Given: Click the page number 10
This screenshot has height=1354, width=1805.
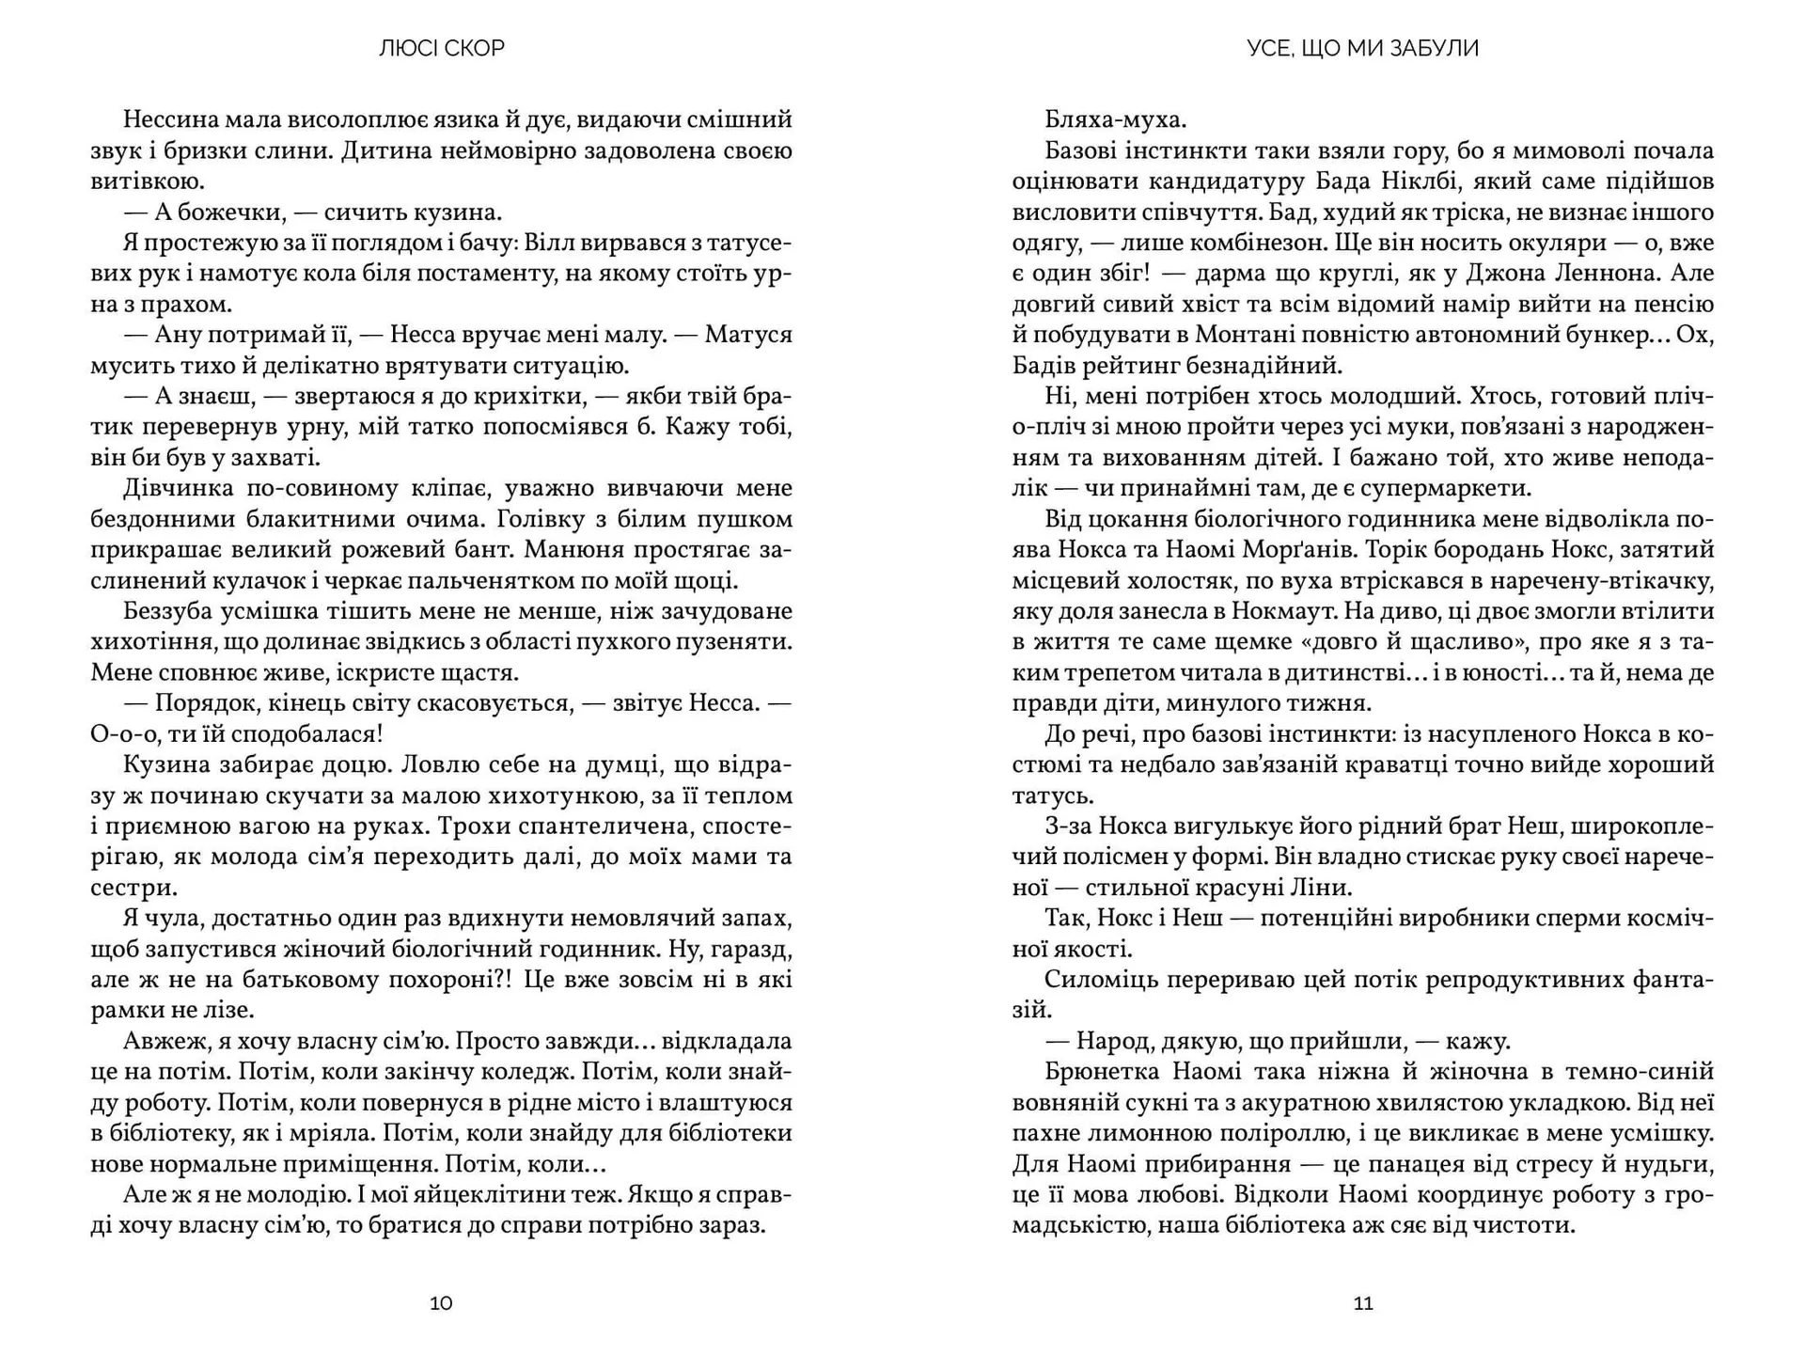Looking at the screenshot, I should [441, 1303].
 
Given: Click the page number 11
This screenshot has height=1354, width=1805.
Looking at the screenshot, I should [1363, 1303].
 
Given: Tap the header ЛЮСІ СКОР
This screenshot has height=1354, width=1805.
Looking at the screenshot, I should [442, 48].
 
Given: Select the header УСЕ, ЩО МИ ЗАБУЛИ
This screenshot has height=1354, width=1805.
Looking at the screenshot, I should [1362, 48].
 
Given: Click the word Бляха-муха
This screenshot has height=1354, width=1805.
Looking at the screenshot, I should [1115, 119].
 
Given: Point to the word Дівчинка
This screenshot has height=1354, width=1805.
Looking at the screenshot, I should [176, 489].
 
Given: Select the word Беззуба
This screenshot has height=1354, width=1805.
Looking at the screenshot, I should [167, 611].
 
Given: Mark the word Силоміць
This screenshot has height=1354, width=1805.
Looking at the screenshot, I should [1099, 980].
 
